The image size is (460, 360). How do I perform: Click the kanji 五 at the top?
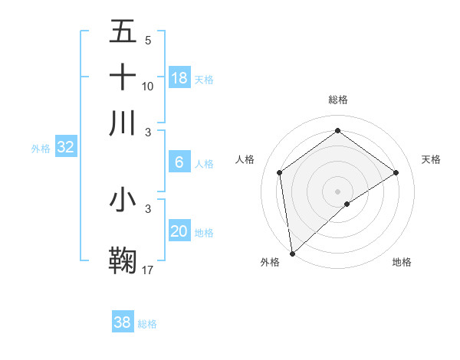coord(123,31)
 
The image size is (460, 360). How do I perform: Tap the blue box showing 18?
coord(179,78)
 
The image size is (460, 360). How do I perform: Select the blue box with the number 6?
coord(179,162)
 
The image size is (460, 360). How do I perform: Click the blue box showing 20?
coord(179,231)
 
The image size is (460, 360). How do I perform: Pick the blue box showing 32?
coord(65,148)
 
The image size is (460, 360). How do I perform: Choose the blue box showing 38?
coord(123,322)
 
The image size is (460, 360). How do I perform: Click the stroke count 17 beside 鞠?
coord(148,270)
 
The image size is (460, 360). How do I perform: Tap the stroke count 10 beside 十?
coord(148,86)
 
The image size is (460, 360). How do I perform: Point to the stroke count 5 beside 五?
coord(148,40)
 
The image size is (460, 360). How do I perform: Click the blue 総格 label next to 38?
coord(147,324)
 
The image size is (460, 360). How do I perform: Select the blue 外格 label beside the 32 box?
coord(41,149)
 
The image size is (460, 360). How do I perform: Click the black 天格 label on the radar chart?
coord(431,159)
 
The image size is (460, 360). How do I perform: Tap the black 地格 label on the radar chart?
coord(402,263)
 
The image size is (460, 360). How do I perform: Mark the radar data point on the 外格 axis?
coord(292,253)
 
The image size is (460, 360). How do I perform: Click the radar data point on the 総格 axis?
coord(337,131)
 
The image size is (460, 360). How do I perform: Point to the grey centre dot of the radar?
coord(337,191)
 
